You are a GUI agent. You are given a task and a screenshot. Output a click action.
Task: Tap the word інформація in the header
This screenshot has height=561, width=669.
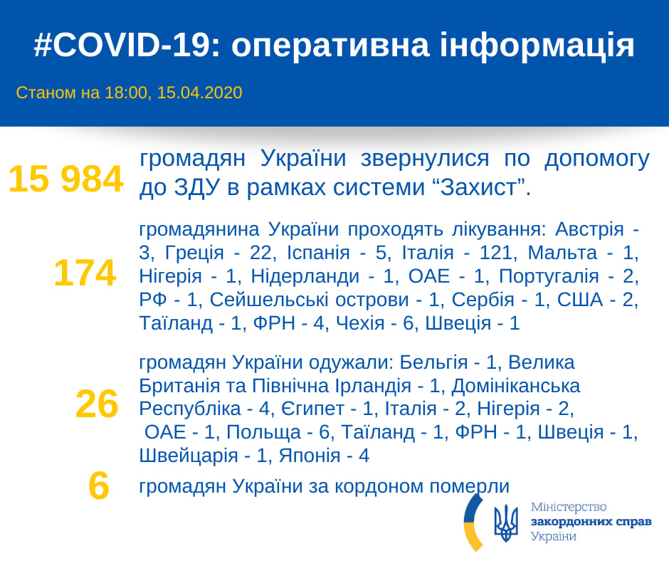click(537, 46)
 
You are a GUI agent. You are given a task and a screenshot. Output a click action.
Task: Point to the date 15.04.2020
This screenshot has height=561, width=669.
click(200, 93)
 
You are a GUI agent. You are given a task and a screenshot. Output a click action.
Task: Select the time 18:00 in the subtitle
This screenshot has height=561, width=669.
click(126, 93)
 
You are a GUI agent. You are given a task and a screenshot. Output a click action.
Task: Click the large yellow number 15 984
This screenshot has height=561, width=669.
click(66, 179)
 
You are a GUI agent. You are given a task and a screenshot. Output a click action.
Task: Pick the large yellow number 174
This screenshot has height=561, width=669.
click(85, 273)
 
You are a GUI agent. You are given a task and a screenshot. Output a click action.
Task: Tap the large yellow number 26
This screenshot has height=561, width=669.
click(97, 404)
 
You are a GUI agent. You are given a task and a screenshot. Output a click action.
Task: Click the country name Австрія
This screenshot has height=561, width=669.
click(589, 230)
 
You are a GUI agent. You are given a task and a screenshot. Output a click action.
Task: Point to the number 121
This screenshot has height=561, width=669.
click(496, 253)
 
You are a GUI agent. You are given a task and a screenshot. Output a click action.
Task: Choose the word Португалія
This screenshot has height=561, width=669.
click(549, 277)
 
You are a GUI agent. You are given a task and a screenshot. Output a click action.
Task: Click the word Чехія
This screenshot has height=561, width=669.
click(360, 323)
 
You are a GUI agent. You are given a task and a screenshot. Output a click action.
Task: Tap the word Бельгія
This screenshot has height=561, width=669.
click(433, 362)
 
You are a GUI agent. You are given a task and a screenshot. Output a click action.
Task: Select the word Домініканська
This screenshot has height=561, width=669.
click(516, 386)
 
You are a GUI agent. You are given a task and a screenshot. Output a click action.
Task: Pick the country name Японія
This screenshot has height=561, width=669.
click(310, 456)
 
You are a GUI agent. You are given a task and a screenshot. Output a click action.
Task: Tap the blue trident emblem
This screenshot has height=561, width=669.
click(506, 523)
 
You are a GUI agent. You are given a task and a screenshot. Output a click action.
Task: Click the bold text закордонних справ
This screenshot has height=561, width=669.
click(591, 522)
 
